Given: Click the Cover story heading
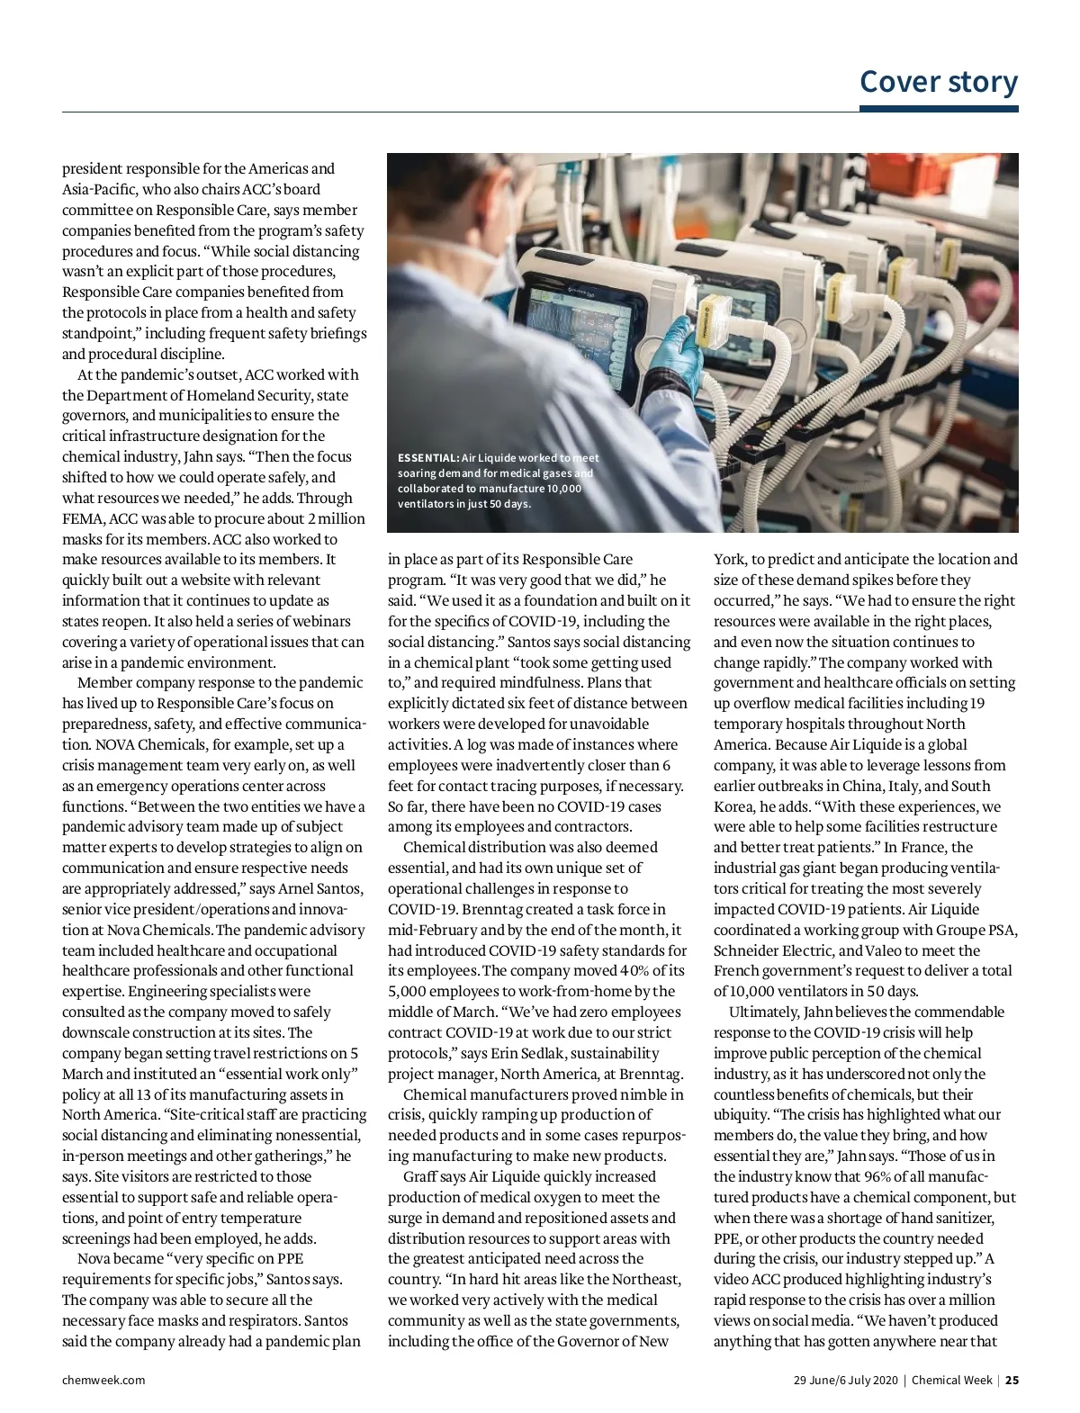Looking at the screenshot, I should click(939, 81).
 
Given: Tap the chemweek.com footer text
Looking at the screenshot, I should click(103, 1380).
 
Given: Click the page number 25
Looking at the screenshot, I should click(1012, 1380).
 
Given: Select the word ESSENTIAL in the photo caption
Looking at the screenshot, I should click(427, 458).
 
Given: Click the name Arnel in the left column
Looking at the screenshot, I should click(296, 888).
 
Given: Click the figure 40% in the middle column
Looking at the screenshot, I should click(631, 970).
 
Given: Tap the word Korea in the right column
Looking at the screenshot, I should click(733, 806).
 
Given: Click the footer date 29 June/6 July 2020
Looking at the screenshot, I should click(845, 1380).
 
